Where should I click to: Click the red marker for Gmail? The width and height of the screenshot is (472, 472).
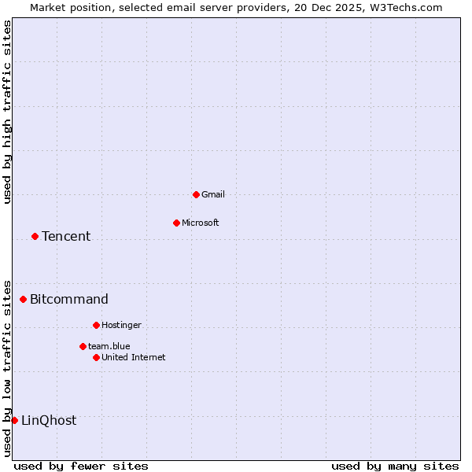tap(196, 194)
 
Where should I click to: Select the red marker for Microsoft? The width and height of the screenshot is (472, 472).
tap(176, 223)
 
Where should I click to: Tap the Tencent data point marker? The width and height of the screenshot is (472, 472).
tap(35, 236)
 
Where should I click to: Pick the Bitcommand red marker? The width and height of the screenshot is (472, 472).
tap(23, 299)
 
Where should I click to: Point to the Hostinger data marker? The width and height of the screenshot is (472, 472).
tap(96, 325)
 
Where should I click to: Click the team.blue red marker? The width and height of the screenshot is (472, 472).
tap(83, 346)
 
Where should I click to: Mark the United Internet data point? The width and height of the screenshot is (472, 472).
tap(96, 357)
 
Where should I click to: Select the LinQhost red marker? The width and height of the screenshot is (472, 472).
tap(14, 420)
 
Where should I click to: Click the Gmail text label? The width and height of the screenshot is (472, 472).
tap(213, 194)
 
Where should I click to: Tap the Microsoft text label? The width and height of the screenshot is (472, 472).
tap(201, 223)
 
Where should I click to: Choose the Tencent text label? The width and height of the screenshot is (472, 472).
tap(66, 236)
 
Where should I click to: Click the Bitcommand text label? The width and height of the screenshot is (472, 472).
tap(69, 299)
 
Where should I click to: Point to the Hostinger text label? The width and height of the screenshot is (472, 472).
tap(122, 325)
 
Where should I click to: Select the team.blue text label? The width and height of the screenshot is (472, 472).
tap(109, 346)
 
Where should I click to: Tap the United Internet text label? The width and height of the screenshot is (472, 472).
tap(134, 357)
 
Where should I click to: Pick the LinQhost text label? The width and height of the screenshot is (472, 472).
tap(49, 420)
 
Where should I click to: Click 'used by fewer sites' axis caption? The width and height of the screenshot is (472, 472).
tap(81, 466)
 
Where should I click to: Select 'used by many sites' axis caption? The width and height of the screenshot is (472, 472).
tap(395, 466)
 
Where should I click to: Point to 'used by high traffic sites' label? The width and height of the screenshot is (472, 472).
tap(7, 112)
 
